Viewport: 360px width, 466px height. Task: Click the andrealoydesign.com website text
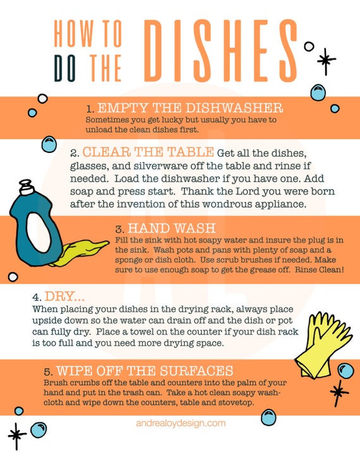(x=180, y=423)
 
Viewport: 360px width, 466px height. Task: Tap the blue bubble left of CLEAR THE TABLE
(x=49, y=145)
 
